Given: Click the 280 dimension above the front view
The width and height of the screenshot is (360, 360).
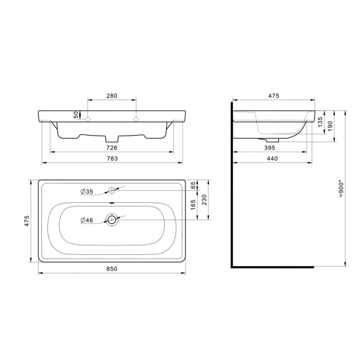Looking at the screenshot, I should coord(112,95).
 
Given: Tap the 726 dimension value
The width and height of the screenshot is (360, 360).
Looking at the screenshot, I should coord(112,147).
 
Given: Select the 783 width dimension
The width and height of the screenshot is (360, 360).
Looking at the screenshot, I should coord(112,158).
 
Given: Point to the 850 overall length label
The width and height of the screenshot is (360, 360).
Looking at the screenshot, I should coord(112,269).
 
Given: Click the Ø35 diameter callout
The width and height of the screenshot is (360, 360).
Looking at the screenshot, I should coord(88,191).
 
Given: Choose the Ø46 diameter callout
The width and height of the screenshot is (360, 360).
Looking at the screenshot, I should coord(88,220).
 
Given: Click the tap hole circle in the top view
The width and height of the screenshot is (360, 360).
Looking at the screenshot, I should coord(112,191).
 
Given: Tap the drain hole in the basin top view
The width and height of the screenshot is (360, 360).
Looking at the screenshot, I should coord(112,220).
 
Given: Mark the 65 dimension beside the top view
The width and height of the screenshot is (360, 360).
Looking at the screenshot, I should coord(194,185).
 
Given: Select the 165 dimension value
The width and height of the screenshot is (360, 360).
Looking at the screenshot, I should coord(194,206).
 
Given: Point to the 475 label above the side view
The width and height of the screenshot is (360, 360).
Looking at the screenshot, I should coord(274,95).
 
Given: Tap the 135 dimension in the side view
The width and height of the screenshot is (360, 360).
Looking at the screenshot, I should coord(321,122).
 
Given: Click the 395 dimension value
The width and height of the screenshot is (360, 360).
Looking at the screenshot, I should coord(269,147).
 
